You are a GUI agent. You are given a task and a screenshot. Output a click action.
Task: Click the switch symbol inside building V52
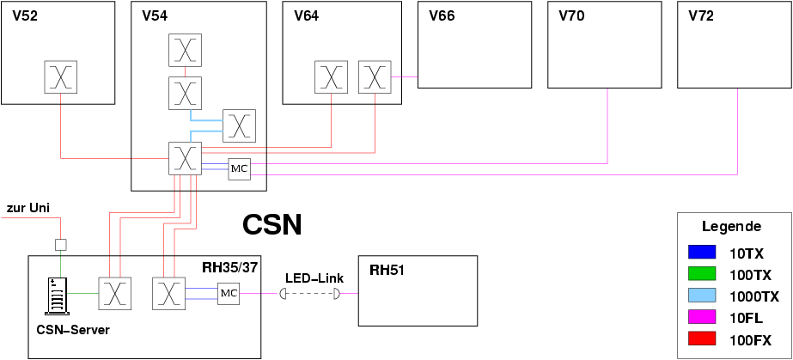(61, 77)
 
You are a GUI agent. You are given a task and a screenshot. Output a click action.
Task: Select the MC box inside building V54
(239, 169)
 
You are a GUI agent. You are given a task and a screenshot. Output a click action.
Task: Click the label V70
(571, 16)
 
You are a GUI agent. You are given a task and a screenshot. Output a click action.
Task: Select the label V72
(701, 16)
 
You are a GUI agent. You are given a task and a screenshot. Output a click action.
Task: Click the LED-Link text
(314, 278)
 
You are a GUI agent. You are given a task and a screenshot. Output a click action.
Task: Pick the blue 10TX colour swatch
(702, 253)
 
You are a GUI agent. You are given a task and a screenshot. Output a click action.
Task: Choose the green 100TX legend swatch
(702, 275)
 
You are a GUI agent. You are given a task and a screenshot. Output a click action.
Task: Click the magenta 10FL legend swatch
(702, 318)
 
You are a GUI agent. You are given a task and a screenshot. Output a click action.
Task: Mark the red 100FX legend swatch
(702, 339)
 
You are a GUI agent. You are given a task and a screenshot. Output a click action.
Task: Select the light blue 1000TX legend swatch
(702, 296)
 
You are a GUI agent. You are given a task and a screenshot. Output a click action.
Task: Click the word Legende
(731, 228)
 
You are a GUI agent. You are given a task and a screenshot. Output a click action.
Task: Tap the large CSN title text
(272, 225)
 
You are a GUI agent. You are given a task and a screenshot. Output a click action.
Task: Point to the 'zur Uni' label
(28, 208)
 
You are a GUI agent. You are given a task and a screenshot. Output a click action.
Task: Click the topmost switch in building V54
(185, 50)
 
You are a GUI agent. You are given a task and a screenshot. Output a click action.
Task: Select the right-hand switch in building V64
(375, 77)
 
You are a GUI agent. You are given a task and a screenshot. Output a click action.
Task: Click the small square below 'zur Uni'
(60, 244)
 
